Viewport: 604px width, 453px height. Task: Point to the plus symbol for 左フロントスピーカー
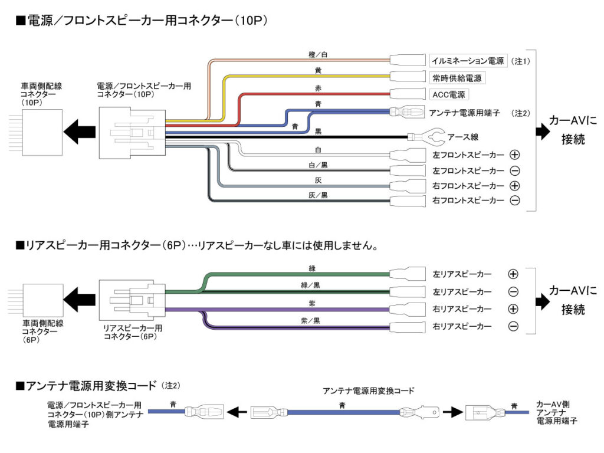click(514, 155)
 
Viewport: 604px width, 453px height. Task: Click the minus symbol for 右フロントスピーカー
click(514, 201)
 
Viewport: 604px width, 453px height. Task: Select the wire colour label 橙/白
click(318, 54)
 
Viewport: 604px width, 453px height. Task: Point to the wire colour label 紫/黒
click(311, 320)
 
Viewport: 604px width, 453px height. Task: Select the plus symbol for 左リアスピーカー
click(513, 274)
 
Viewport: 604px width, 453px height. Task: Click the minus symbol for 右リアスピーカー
click(513, 326)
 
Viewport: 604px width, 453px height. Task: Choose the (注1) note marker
click(521, 61)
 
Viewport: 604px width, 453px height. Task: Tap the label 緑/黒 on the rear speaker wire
click(311, 285)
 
